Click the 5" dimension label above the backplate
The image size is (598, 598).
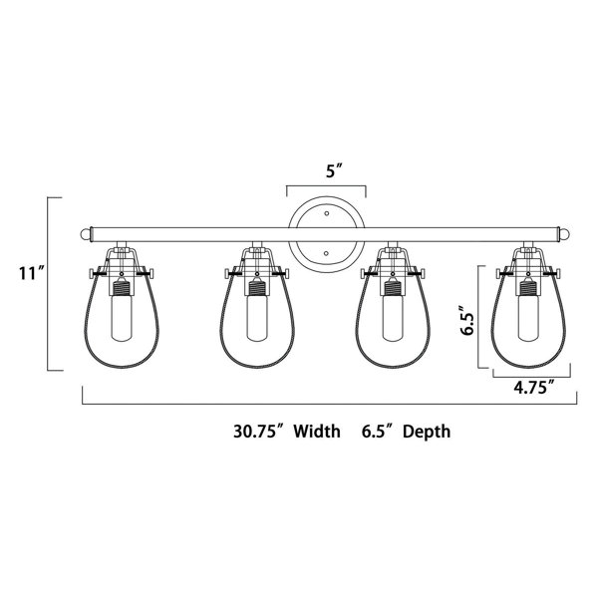click(335, 170)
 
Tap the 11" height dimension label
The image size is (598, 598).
click(32, 273)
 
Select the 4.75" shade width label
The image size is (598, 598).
click(533, 388)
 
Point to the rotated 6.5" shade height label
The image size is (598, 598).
click(467, 319)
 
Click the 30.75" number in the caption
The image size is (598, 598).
click(259, 432)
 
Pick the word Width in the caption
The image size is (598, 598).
click(317, 432)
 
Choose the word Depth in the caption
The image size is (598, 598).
click(427, 432)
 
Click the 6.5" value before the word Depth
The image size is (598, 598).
click(379, 432)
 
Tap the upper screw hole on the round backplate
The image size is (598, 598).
click(327, 213)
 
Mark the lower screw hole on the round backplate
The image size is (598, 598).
click(326, 253)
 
